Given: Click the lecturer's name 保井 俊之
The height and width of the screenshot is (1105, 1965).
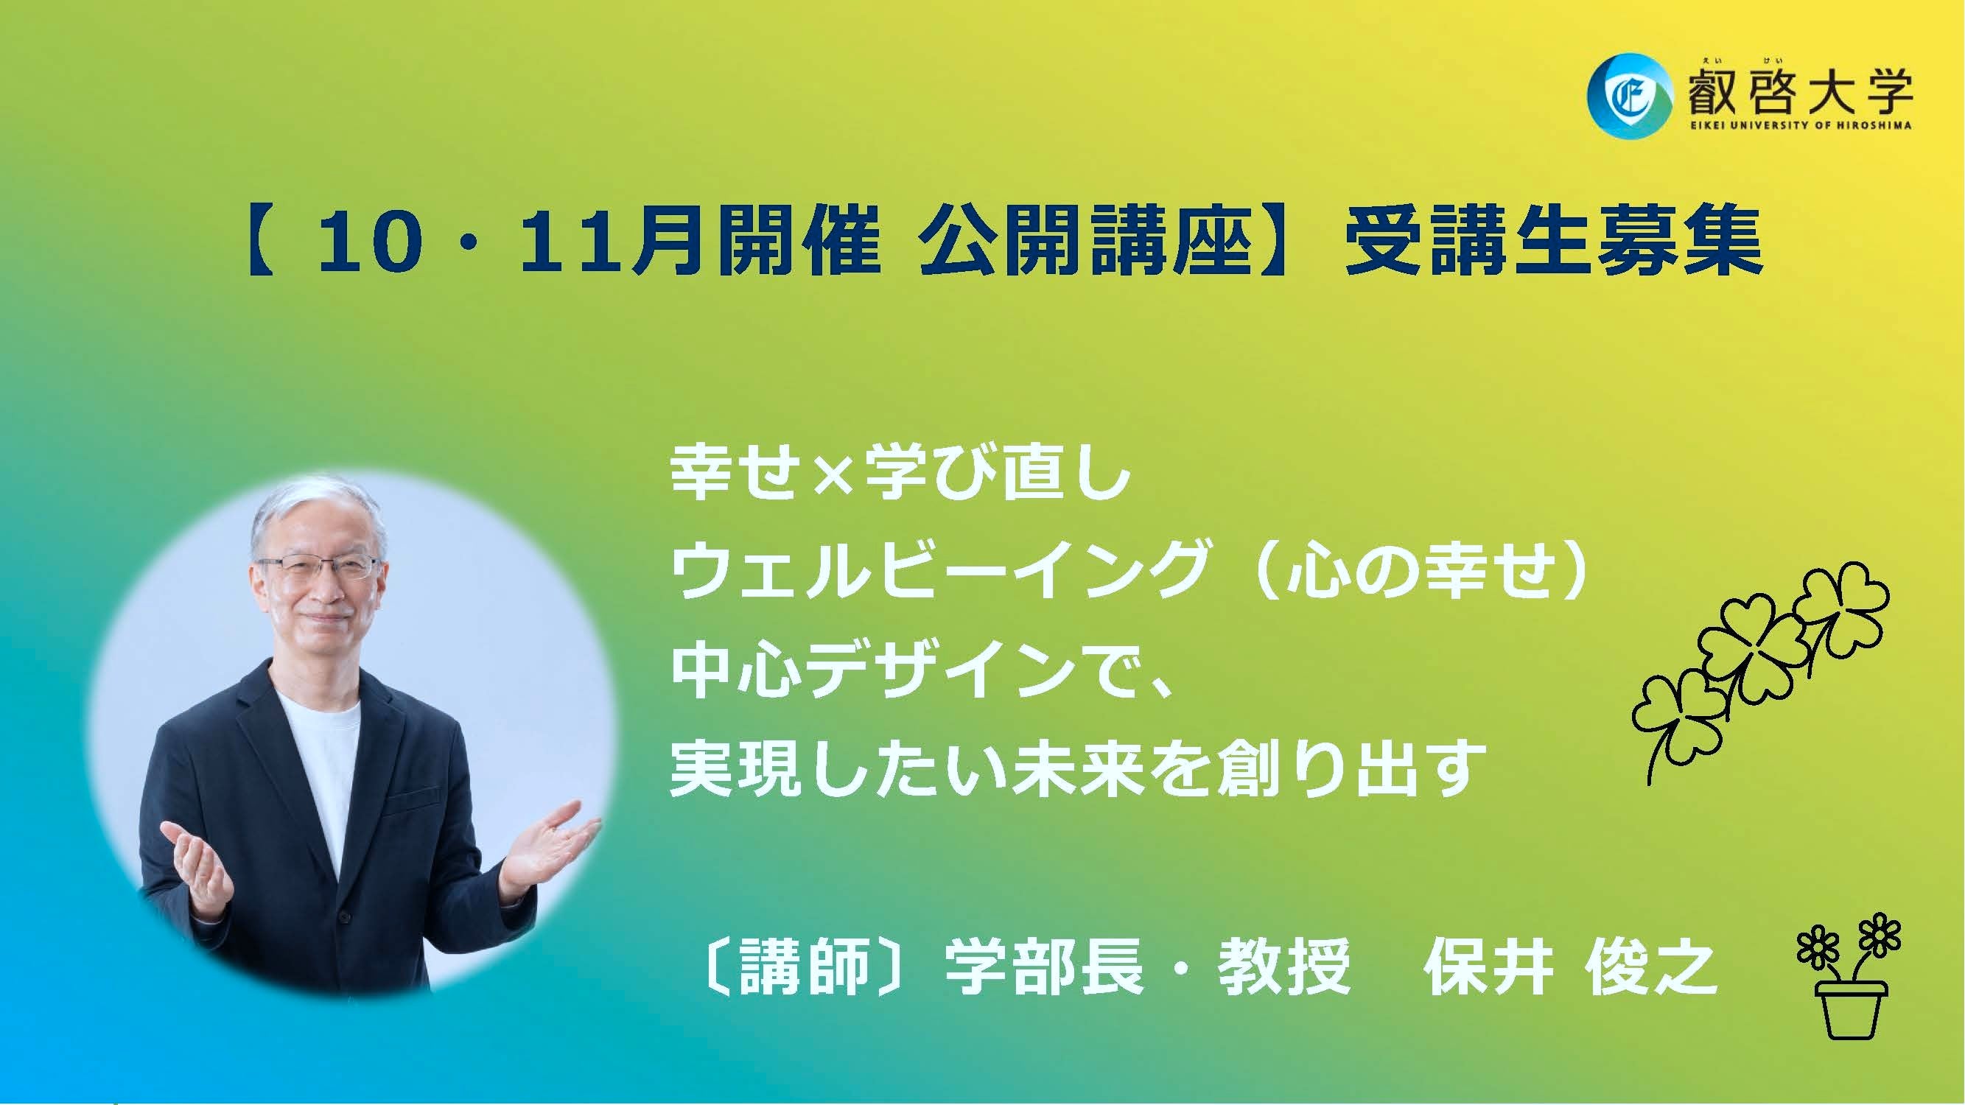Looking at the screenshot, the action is click(1567, 967).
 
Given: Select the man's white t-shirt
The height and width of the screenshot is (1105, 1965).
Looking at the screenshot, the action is click(321, 771).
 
